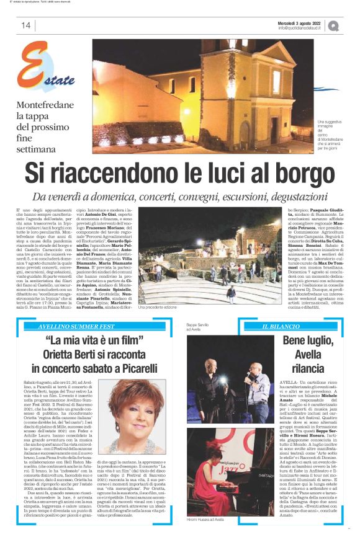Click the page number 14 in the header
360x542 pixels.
[x=25, y=25]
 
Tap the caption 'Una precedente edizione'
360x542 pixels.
[x=162, y=307]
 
